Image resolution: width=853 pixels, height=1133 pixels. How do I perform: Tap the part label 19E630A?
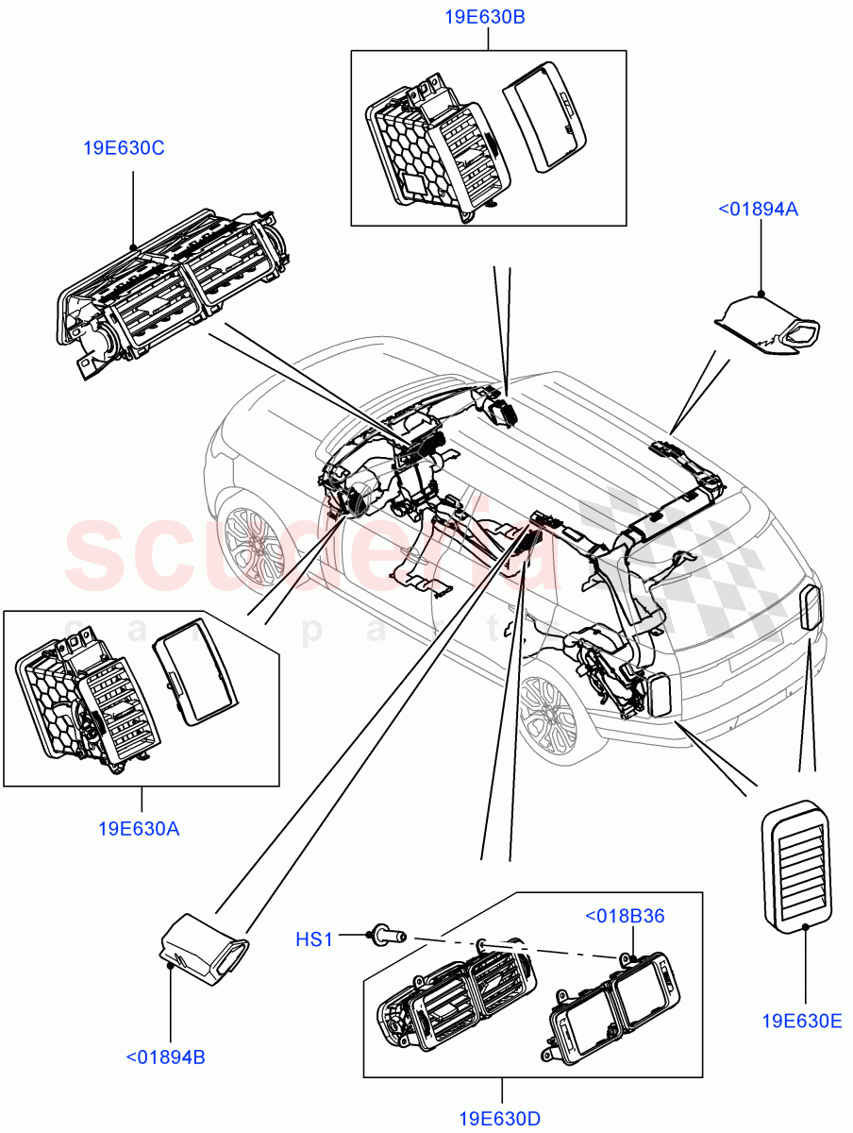coord(139,830)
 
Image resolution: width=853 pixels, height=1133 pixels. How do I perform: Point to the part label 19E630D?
coord(500,1120)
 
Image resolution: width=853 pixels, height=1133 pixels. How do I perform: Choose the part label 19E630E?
coord(802,1020)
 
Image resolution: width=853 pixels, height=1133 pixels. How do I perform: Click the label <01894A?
coord(759,210)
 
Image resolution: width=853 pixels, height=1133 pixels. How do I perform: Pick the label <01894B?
coord(166,1057)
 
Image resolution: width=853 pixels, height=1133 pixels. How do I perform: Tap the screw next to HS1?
coord(387,936)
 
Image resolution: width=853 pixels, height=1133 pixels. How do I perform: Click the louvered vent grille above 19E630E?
coord(796,864)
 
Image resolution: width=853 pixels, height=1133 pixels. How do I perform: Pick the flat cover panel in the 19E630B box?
coord(545,117)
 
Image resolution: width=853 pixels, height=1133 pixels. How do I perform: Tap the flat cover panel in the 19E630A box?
coord(195,677)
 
